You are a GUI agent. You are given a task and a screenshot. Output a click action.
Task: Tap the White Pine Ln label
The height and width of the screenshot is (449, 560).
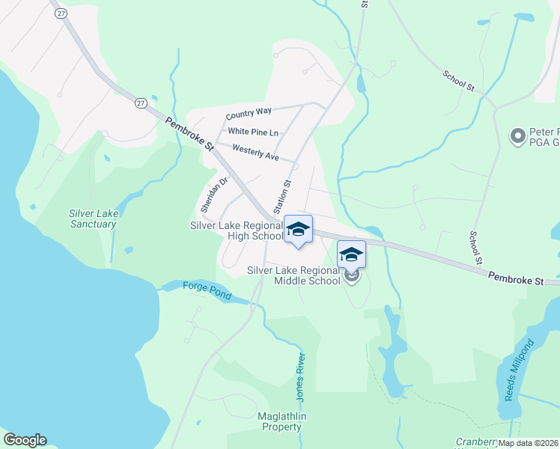[x=253, y=132]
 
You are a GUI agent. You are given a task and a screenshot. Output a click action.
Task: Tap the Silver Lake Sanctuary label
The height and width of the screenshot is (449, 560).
[x=93, y=219]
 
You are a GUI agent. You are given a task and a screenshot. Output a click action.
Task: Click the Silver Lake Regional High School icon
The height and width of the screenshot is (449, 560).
[x=298, y=229]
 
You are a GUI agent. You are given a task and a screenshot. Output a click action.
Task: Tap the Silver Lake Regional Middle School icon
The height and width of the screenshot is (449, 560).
[x=351, y=254]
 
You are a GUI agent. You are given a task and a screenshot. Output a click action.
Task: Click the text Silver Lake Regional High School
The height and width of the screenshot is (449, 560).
[x=236, y=230]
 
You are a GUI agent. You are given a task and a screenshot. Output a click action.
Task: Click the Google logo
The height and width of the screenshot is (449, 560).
[x=25, y=440]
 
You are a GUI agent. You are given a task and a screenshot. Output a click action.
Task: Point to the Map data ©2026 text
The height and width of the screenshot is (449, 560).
[x=528, y=443]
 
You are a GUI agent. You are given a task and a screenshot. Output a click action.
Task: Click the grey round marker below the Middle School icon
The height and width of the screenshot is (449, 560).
[x=352, y=275]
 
